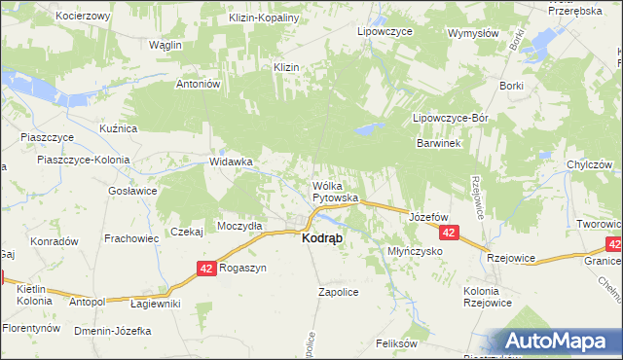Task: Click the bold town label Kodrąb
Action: (x=321, y=238)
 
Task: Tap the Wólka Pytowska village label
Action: (x=336, y=191)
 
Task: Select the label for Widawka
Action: (x=232, y=162)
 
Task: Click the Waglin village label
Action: (x=166, y=45)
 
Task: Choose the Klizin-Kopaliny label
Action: (x=263, y=18)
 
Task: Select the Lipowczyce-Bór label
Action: (x=450, y=117)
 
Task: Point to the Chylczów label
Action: (x=589, y=164)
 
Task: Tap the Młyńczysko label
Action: (x=416, y=250)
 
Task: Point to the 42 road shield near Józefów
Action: (x=449, y=234)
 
